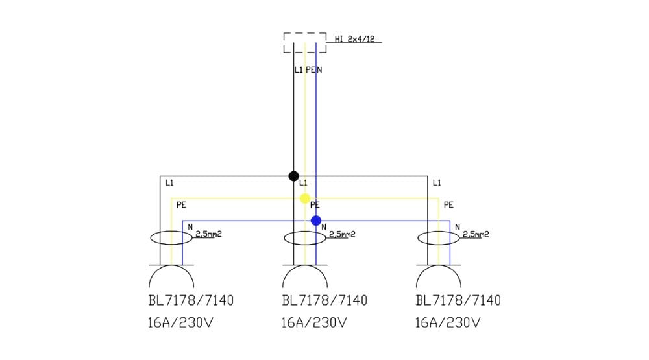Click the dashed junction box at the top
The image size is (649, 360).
tap(304, 43)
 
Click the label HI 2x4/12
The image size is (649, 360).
tap(354, 39)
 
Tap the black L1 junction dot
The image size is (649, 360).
tap(293, 176)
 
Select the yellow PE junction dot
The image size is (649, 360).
tap(305, 198)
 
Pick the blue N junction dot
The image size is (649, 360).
tap(316, 221)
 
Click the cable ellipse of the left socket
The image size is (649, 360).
tap(171, 238)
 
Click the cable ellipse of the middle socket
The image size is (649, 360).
tap(305, 238)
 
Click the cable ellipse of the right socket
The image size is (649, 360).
tap(438, 238)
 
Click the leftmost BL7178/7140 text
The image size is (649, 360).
tap(191, 301)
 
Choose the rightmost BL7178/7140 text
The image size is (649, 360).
tap(458, 301)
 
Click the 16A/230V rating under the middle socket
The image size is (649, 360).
tap(313, 322)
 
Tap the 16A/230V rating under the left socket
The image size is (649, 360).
tap(180, 322)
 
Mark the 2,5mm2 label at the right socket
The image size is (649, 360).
tap(475, 234)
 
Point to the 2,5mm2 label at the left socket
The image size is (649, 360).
tap(208, 234)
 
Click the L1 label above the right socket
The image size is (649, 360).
tap(437, 183)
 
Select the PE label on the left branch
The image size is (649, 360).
tap(181, 205)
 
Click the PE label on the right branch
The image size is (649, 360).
tap(448, 205)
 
